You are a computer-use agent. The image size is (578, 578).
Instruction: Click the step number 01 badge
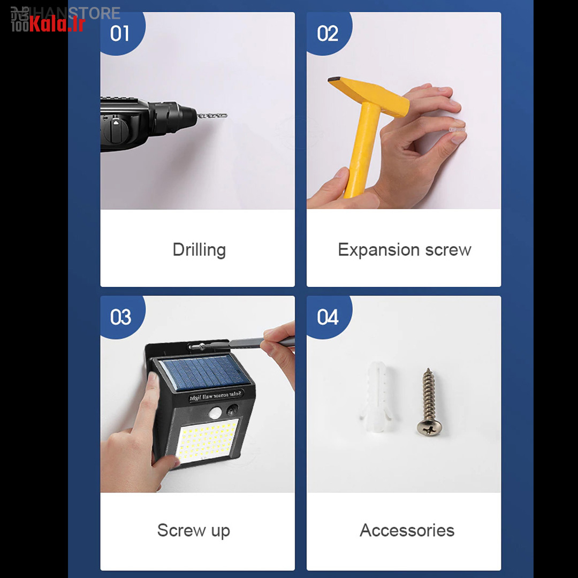(120, 33)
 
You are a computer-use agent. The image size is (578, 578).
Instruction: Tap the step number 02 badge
(327, 33)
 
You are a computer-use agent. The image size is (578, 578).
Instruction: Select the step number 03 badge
(120, 317)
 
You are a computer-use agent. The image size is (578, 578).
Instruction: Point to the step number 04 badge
(328, 317)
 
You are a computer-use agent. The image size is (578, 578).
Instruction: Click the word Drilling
(199, 250)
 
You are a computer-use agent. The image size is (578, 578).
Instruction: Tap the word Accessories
(407, 530)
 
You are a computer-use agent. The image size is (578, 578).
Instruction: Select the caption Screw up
(194, 530)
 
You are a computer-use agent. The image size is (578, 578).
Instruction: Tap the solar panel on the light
(206, 371)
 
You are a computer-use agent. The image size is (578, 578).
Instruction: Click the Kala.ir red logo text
(56, 24)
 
